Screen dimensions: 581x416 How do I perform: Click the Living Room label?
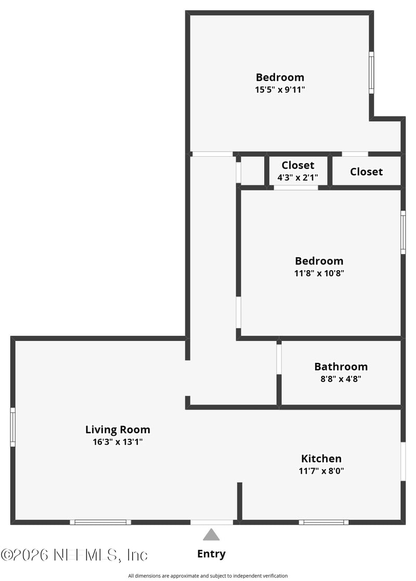tap(118, 430)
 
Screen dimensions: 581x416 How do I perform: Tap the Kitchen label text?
tap(321, 459)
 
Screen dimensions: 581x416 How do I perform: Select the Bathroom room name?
tap(341, 367)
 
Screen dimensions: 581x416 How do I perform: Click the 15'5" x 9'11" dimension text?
tap(280, 90)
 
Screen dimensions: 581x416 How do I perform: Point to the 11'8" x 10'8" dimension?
tap(319, 273)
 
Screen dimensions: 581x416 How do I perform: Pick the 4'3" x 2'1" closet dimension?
tap(297, 177)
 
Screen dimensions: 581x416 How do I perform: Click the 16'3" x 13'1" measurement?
tap(118, 442)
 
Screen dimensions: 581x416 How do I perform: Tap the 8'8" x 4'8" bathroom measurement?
tap(341, 379)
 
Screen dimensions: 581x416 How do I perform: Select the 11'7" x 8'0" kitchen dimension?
tap(321, 471)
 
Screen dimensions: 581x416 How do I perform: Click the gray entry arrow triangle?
tap(211, 535)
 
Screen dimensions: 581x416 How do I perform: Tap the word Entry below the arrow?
tap(211, 554)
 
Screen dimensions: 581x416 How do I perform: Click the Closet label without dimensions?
tap(366, 172)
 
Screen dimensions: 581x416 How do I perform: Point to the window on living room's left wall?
tap(13, 427)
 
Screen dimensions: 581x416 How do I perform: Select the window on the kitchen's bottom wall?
tap(323, 522)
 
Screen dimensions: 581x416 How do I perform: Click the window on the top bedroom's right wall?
tap(371, 72)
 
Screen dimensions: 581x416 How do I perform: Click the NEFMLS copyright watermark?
tap(74, 555)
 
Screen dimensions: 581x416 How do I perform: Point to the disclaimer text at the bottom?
tap(208, 576)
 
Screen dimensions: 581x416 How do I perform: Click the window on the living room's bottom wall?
tap(100, 522)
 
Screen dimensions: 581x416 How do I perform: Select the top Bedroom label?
tap(280, 78)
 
